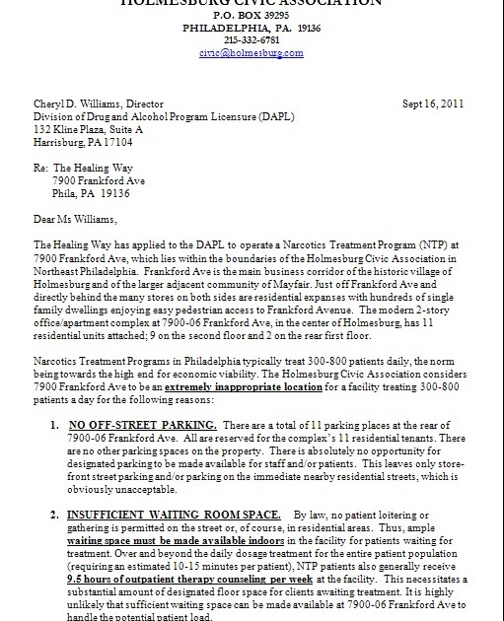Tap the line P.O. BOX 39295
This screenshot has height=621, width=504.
(x=251, y=17)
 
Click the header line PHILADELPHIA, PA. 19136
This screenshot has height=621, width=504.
(x=251, y=29)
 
